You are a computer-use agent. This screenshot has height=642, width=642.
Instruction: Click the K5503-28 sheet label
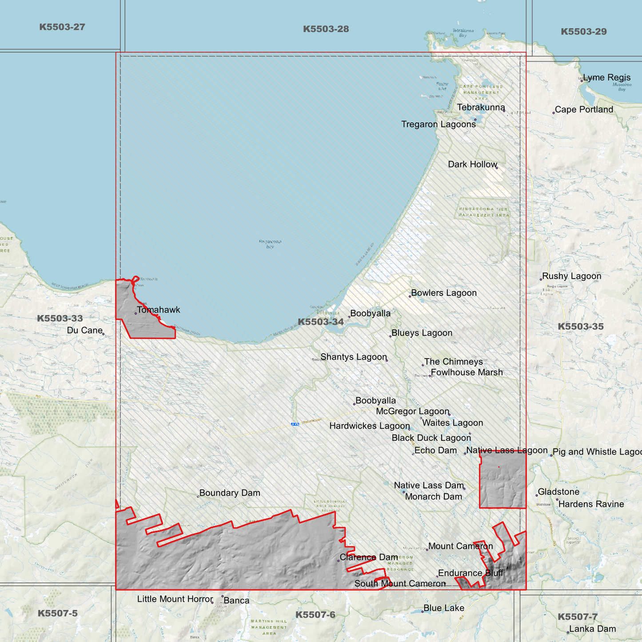(326, 29)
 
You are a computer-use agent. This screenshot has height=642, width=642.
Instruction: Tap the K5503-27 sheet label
(62, 27)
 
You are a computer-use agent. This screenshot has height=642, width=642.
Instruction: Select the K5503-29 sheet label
(583, 32)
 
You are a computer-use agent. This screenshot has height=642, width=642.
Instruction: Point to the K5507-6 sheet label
(315, 615)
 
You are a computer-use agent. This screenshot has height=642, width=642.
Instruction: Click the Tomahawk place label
(158, 310)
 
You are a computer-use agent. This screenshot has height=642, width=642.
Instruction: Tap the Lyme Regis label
(606, 78)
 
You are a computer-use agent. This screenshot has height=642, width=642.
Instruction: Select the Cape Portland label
(584, 110)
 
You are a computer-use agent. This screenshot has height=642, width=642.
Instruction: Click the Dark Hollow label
(472, 164)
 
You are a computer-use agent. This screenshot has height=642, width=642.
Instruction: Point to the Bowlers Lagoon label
(443, 293)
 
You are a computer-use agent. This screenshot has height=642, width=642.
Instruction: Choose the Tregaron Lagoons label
(438, 124)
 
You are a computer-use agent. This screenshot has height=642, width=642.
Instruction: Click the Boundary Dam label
(229, 493)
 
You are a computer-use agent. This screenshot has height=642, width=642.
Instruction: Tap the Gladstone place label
(558, 492)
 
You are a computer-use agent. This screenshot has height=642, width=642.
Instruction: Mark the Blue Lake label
(443, 608)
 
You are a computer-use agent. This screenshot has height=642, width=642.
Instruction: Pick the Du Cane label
(84, 330)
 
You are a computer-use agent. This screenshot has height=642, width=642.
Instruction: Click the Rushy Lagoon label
(571, 276)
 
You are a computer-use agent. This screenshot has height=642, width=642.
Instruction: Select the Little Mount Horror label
(175, 599)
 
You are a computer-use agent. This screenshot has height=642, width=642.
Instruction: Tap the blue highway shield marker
(295, 424)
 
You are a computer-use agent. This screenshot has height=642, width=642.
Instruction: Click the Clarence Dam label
(369, 557)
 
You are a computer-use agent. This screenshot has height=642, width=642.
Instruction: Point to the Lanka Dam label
(592, 629)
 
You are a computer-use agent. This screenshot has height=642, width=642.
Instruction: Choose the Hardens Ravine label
(591, 504)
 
